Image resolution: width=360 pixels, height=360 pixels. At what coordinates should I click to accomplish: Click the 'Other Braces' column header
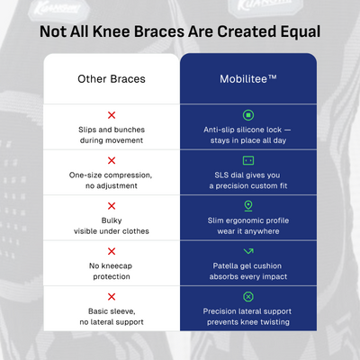pyautogui.click(x=112, y=79)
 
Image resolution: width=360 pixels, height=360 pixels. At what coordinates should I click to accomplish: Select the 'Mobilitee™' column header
pyautogui.click(x=247, y=79)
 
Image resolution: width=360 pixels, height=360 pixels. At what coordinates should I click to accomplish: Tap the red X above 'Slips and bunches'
pyautogui.click(x=112, y=115)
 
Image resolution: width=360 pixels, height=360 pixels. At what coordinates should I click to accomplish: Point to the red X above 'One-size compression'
pyautogui.click(x=112, y=160)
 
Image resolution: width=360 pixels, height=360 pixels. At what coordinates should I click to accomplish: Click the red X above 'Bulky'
pyautogui.click(x=112, y=206)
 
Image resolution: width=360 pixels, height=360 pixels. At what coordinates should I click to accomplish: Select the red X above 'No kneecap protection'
pyautogui.click(x=112, y=251)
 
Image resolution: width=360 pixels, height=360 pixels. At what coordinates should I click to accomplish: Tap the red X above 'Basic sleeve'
pyautogui.click(x=112, y=296)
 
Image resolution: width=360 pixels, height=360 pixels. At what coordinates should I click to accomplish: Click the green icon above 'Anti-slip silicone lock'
pyautogui.click(x=247, y=115)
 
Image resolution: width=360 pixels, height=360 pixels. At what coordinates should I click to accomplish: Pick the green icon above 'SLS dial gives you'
pyautogui.click(x=247, y=160)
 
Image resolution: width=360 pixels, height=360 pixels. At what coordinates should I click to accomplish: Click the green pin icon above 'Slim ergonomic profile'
pyautogui.click(x=247, y=206)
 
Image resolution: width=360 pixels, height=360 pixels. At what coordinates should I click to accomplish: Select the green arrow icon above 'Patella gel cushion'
pyautogui.click(x=247, y=251)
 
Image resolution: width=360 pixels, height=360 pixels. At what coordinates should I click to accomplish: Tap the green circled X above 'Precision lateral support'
pyautogui.click(x=247, y=296)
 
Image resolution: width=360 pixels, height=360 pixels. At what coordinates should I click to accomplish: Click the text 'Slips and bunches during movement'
pyautogui.click(x=112, y=135)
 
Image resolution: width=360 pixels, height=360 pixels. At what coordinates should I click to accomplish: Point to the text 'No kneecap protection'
pyautogui.click(x=112, y=271)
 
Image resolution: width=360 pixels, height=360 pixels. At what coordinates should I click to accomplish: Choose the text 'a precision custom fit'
pyautogui.click(x=247, y=186)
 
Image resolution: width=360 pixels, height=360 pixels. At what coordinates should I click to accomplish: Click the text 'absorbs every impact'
pyautogui.click(x=247, y=276)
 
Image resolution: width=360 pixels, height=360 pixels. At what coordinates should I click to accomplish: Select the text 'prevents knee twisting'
pyautogui.click(x=247, y=321)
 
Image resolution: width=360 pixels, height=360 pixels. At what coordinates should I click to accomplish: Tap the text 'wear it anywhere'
pyautogui.click(x=247, y=231)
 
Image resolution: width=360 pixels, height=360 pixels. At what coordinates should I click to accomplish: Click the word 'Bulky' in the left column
pyautogui.click(x=112, y=220)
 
